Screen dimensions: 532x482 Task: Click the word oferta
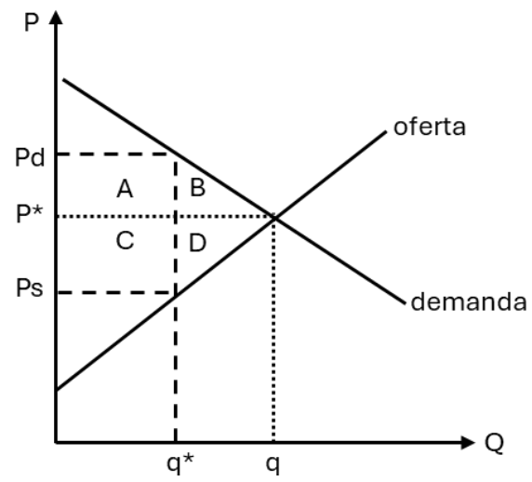tap(430, 127)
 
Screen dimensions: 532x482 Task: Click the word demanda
tap(469, 301)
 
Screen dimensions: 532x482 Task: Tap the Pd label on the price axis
tap(30, 157)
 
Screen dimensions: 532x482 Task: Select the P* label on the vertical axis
tap(30, 214)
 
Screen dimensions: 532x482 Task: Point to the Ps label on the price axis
tap(30, 288)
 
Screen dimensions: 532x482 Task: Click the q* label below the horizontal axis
tap(180, 463)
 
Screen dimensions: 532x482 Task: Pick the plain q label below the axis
tap(273, 465)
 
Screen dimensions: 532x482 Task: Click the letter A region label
tap(125, 189)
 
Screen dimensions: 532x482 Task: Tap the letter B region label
tap(198, 187)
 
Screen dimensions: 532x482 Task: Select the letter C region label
tap(125, 240)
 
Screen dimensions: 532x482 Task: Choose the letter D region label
tap(197, 243)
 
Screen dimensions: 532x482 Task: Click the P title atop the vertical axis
tap(32, 22)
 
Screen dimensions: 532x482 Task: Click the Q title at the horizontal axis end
tap(495, 443)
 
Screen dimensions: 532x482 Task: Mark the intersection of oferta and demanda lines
tap(275, 218)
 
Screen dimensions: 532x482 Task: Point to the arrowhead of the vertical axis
tap(56, 17)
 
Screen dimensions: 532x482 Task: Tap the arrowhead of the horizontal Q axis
tap(468, 443)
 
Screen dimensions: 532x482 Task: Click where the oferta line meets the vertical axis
tap(57, 390)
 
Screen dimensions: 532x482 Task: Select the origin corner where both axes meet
tap(56, 443)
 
